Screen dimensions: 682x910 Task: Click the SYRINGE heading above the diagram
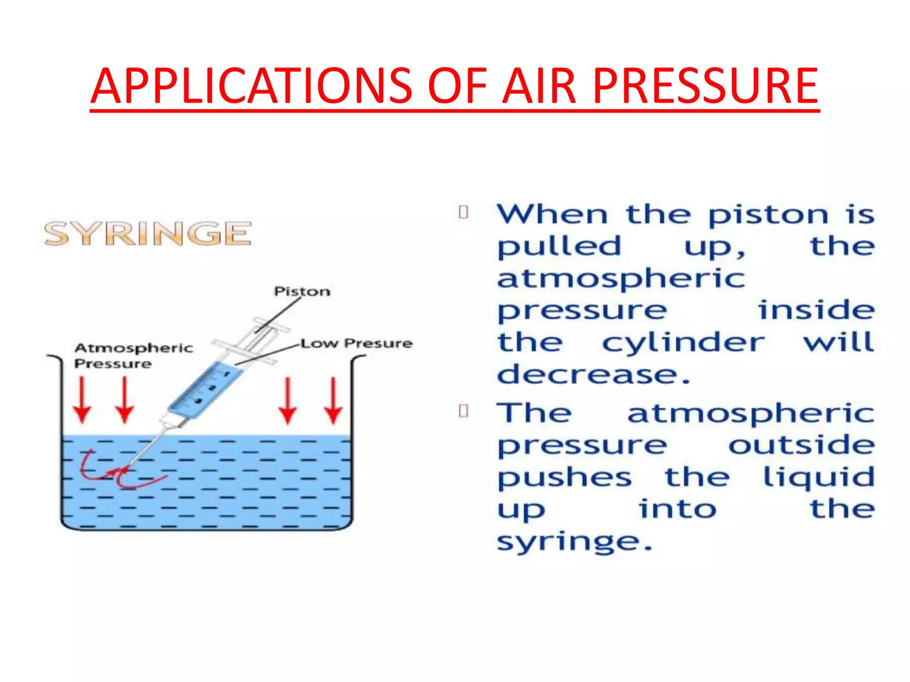point(148,234)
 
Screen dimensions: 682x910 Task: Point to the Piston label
point(302,292)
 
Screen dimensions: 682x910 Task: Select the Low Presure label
point(357,343)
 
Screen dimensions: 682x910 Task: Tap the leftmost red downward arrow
point(82,400)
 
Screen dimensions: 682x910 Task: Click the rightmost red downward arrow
point(333,400)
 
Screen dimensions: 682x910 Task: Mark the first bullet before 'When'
point(463,213)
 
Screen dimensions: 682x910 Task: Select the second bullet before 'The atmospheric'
point(463,411)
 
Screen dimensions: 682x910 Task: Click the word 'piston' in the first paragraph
point(768,216)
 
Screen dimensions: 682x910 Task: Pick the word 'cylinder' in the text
point(683,343)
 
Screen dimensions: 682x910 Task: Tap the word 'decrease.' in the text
point(594,375)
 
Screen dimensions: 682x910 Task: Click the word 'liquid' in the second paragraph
point(818,477)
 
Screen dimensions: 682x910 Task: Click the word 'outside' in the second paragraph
point(801,445)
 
